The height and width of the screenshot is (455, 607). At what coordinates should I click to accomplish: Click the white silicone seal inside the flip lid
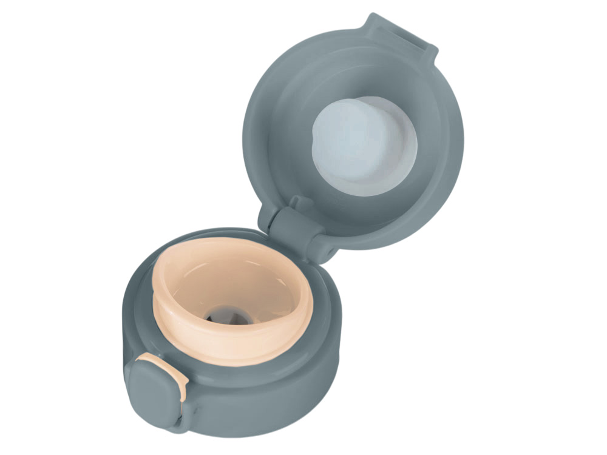[364, 146]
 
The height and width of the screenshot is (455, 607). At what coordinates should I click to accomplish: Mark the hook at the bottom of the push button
[176, 422]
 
